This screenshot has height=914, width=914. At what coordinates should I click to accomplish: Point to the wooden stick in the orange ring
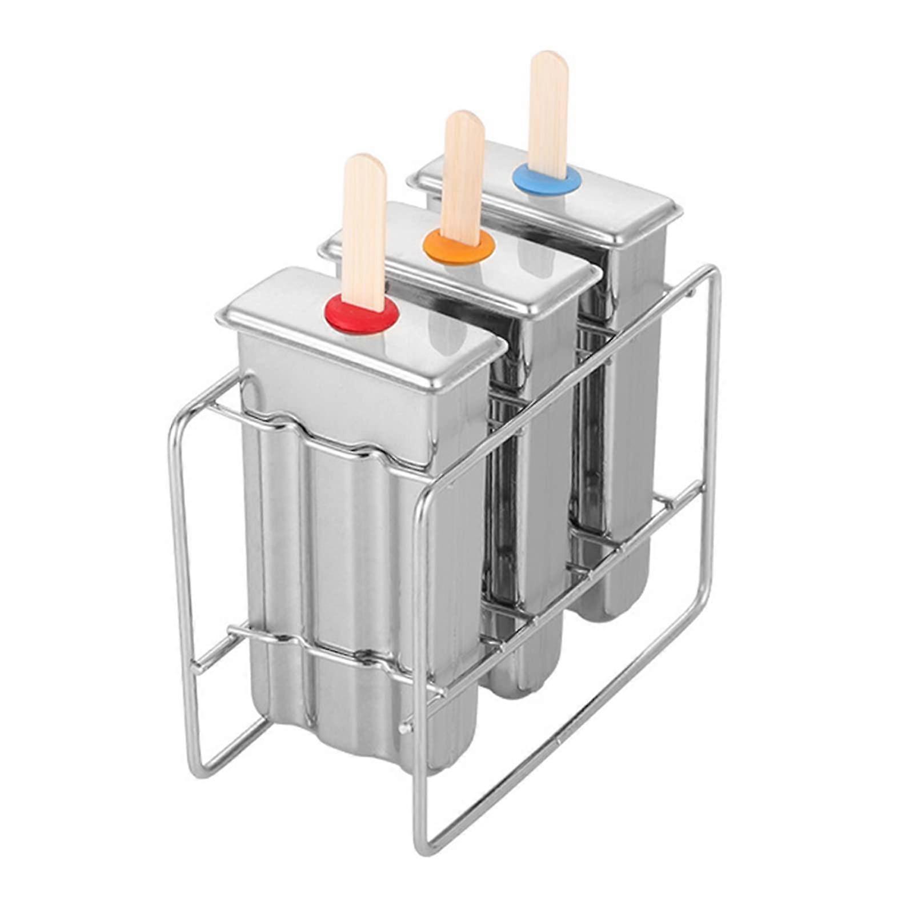tap(463, 171)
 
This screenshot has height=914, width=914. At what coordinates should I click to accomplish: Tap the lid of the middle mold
tap(514, 268)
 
